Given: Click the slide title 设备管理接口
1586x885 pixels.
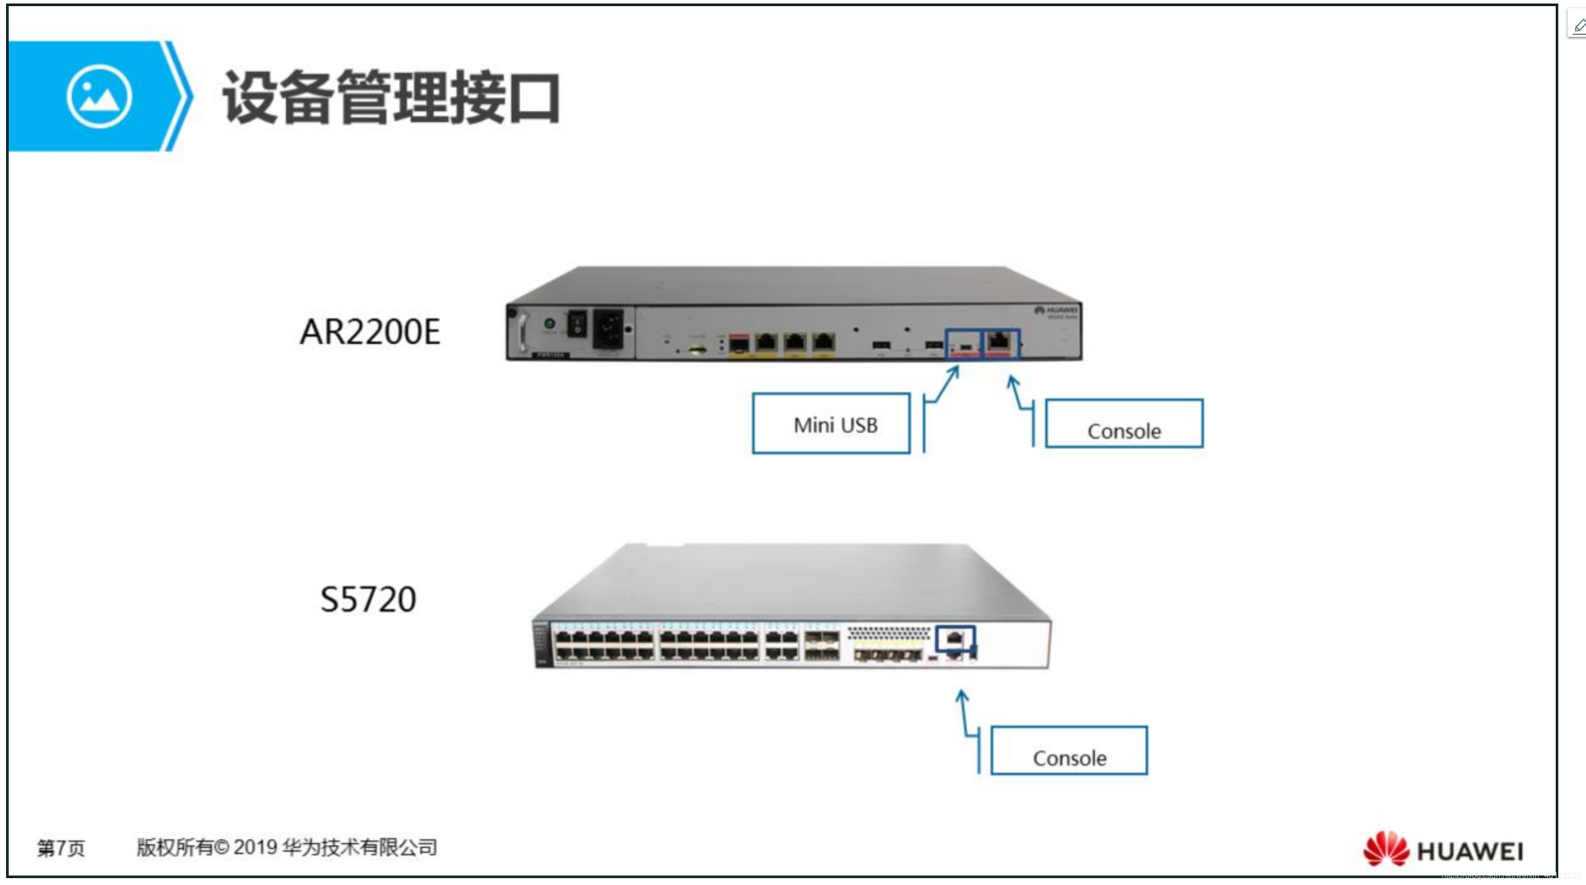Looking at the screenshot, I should pyautogui.click(x=392, y=97).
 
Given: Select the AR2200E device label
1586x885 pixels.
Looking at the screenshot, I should pyautogui.click(x=370, y=332).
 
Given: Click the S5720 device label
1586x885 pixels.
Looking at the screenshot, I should pyautogui.click(x=368, y=599).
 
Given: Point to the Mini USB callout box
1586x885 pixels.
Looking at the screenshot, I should pyautogui.click(x=831, y=424).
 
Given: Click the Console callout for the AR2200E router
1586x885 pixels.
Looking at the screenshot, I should pyautogui.click(x=1124, y=424).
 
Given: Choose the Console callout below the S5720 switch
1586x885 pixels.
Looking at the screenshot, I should pyautogui.click(x=1069, y=751).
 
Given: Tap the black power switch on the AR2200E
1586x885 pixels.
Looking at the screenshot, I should pyautogui.click(x=576, y=324).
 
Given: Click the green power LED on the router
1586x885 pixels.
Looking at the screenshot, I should pyautogui.click(x=550, y=323).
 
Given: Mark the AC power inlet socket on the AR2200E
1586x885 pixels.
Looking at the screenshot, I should pyautogui.click(x=608, y=329).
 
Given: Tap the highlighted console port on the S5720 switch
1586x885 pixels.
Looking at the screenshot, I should pyautogui.click(x=954, y=638).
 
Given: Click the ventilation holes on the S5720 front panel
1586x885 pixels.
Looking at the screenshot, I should pyautogui.click(x=889, y=632).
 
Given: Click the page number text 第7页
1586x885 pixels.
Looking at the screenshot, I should pyautogui.click(x=60, y=848).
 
